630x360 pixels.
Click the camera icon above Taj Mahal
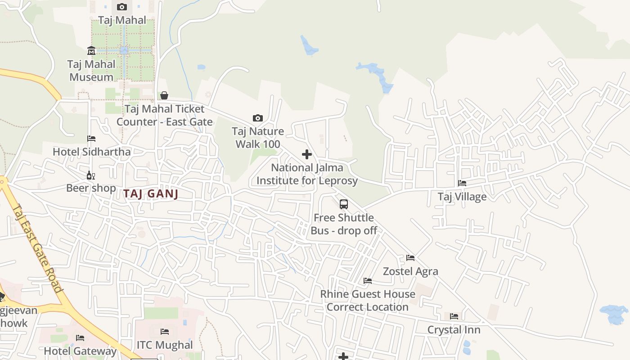tap(122, 7)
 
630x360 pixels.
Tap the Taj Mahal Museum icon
tap(91, 50)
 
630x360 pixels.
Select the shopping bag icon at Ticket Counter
tap(164, 95)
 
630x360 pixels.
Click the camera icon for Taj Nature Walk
tap(258, 118)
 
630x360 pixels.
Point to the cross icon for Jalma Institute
tap(307, 154)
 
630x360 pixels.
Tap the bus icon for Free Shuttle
tap(344, 204)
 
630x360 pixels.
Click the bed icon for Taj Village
tap(462, 183)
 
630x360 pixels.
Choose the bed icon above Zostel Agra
tap(410, 258)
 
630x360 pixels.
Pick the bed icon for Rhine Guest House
tap(368, 281)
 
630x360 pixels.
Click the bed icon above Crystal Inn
tap(454, 316)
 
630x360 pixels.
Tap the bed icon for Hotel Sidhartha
tap(91, 139)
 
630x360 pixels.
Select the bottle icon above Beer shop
tap(91, 175)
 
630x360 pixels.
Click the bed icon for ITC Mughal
tap(165, 332)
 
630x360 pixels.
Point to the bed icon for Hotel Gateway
tap(80, 337)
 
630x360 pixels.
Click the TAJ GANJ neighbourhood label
tap(151, 194)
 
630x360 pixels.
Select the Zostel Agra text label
tap(410, 271)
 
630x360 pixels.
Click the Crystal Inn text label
tap(454, 330)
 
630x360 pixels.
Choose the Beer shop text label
tap(91, 188)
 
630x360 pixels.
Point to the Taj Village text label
tap(462, 197)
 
